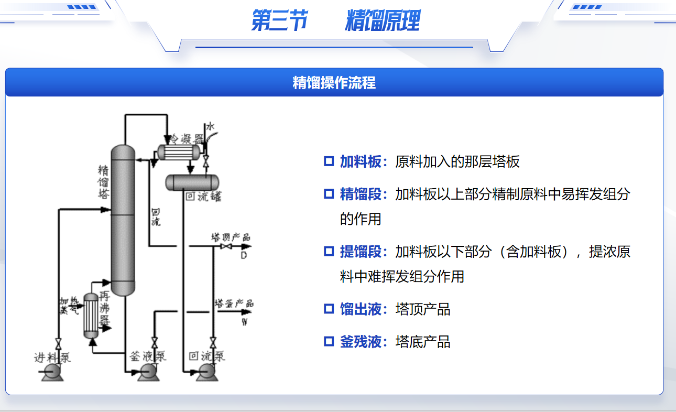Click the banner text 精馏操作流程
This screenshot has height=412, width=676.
(x=334, y=83)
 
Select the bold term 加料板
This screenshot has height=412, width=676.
(x=361, y=161)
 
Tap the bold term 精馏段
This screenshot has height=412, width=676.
(x=361, y=194)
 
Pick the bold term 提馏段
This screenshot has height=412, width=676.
(x=361, y=252)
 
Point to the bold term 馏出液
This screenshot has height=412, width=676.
(x=361, y=309)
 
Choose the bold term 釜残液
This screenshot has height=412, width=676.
(x=361, y=342)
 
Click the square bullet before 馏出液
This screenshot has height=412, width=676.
(x=329, y=309)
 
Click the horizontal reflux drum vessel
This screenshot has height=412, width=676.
(x=192, y=182)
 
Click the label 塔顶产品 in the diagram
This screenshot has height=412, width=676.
(x=230, y=237)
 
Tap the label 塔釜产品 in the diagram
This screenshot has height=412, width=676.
(x=234, y=303)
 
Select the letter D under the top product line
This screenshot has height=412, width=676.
(x=244, y=255)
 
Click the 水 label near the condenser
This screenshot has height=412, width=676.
(x=211, y=126)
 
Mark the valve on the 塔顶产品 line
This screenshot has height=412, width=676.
(x=227, y=246)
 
